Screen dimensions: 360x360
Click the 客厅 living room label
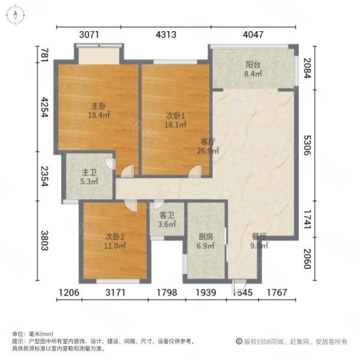[x=208, y=142]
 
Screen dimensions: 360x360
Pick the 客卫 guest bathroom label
[x=167, y=215]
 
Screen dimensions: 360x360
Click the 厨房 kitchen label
[x=206, y=236]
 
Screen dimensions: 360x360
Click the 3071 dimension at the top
[x=89, y=35]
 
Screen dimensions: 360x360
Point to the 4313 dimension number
[x=166, y=35]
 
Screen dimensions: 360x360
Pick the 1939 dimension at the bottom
[x=207, y=293]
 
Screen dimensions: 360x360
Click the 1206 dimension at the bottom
[x=68, y=293]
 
